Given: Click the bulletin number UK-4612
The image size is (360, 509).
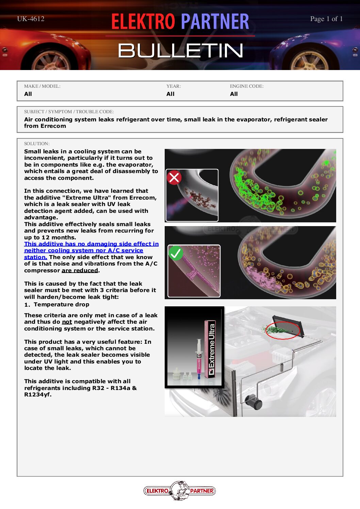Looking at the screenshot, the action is (31, 19).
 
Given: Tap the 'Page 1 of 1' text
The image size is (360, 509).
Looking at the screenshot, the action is (326, 19).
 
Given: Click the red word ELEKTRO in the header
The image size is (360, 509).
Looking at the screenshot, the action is (143, 21).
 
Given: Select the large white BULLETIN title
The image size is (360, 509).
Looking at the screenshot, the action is (181, 50).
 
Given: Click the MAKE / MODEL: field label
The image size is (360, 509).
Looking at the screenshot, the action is (42, 86).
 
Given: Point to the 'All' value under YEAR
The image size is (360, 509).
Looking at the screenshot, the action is (170, 94).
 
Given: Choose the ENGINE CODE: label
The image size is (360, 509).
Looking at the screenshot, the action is (246, 86).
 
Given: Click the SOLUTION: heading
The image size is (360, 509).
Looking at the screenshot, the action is (37, 143).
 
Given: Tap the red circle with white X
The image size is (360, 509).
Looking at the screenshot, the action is (174, 177).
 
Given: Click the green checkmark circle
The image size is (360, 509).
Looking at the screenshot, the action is (176, 253).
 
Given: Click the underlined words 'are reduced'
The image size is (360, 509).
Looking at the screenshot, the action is (80, 270).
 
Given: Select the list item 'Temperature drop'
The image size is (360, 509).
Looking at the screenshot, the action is (61, 305).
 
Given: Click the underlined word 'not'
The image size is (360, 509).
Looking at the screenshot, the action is (67, 322).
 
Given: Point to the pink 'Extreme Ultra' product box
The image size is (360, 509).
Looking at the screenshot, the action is (210, 349).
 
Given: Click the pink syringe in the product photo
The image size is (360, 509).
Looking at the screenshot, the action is (199, 359).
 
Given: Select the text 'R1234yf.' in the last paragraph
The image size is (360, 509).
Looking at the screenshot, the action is (38, 395).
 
